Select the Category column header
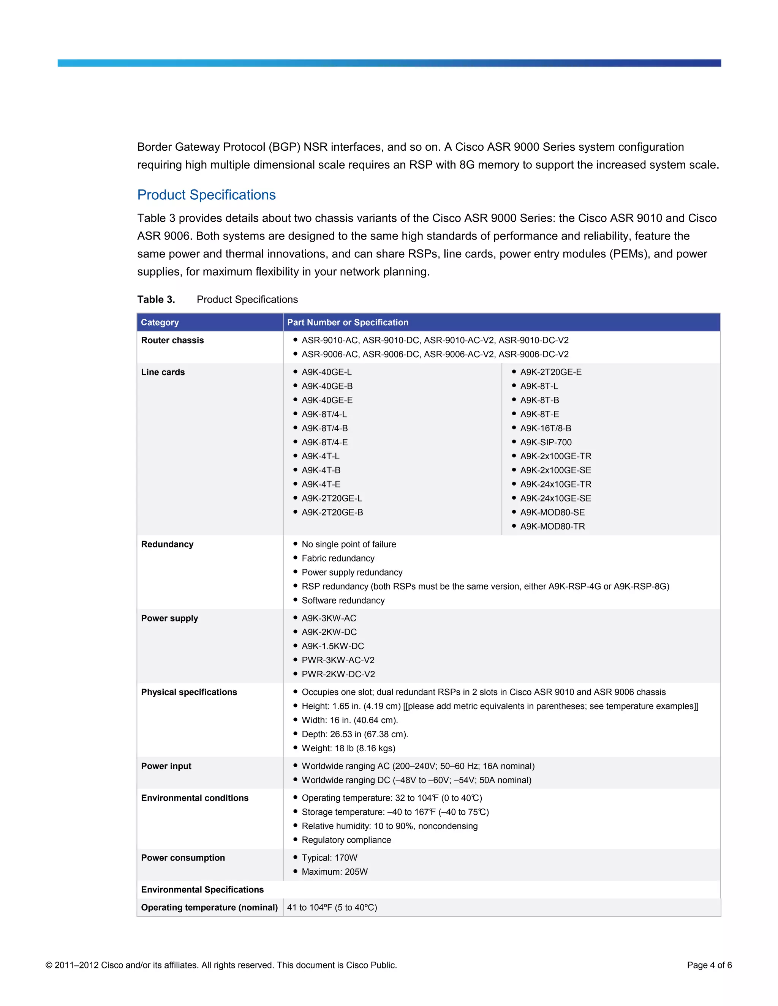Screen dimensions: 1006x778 pyautogui.click(x=160, y=322)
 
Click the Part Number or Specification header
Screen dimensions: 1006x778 pyautogui.click(x=348, y=322)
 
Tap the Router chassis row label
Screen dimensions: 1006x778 pyautogui.click(x=172, y=341)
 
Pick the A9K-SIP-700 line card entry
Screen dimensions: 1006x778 pyautogui.click(x=546, y=442)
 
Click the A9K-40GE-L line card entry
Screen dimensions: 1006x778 pyautogui.click(x=326, y=372)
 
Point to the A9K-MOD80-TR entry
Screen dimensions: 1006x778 pyautogui.click(x=552, y=526)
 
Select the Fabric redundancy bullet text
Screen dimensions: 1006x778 pyautogui.click(x=338, y=558)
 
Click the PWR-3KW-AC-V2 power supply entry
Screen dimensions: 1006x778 pyautogui.click(x=338, y=660)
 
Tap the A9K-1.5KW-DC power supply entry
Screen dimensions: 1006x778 pyautogui.click(x=332, y=646)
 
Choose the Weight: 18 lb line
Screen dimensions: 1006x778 pyautogui.click(x=348, y=748)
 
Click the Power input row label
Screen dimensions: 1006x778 pyautogui.click(x=166, y=766)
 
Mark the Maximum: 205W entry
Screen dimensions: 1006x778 pyautogui.click(x=334, y=872)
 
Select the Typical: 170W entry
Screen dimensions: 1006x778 pyautogui.click(x=329, y=858)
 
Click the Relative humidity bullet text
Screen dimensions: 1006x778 pyautogui.click(x=389, y=826)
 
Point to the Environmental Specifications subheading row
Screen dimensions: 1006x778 pyautogui.click(x=202, y=889)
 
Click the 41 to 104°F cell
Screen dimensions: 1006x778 pyautogui.click(x=332, y=907)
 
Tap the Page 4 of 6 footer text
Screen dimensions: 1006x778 pyautogui.click(x=709, y=965)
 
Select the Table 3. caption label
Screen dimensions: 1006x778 pyautogui.click(x=156, y=300)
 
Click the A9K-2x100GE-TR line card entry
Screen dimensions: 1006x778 pyautogui.click(x=555, y=456)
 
